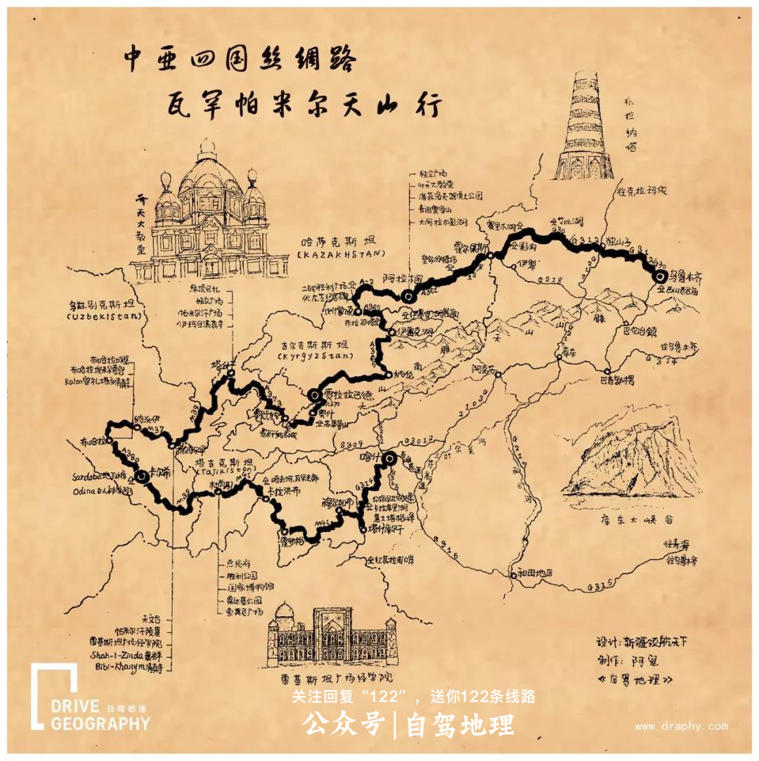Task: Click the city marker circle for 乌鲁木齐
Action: coord(659,277)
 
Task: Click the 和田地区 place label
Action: coord(534,572)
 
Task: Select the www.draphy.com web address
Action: coord(680,727)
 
